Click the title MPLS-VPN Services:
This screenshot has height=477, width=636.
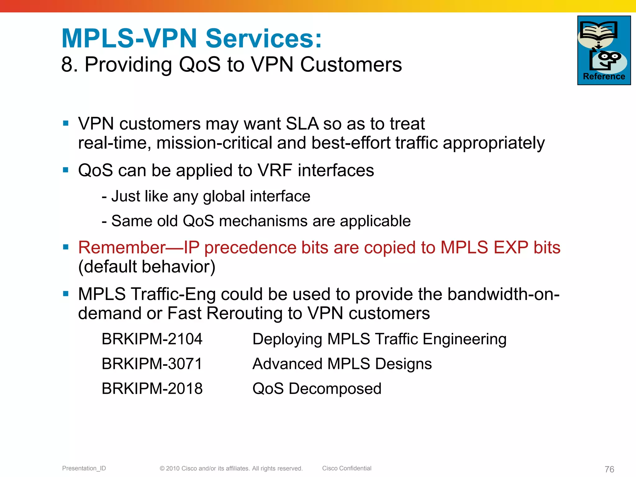[192, 39]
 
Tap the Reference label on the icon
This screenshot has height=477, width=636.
[604, 76]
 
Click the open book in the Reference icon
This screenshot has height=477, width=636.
[598, 31]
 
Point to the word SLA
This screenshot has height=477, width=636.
[302, 124]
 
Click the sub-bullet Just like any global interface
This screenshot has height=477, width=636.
[206, 196]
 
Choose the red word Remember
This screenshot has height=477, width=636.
[122, 248]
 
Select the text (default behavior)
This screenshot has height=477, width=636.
[147, 267]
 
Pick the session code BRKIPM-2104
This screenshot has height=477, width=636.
[152, 339]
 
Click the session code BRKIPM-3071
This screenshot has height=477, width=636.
[152, 364]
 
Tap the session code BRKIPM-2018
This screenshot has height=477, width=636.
[152, 388]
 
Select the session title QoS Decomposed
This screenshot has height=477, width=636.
[317, 388]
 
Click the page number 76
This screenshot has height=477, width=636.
[609, 469]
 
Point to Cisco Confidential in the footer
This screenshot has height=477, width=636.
[347, 468]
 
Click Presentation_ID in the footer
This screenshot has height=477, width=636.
[84, 468]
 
